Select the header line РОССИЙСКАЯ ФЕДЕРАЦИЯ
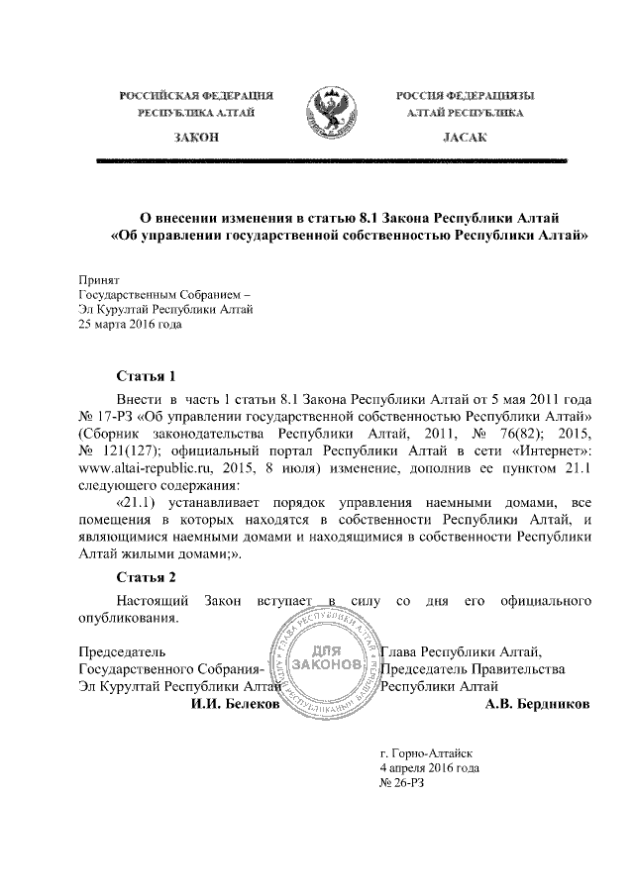click(x=196, y=95)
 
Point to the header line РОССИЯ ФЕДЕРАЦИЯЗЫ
click(x=465, y=95)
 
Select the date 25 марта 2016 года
click(x=130, y=323)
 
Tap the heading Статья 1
click(x=146, y=376)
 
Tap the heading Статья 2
click(x=146, y=577)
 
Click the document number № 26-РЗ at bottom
click(x=402, y=783)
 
